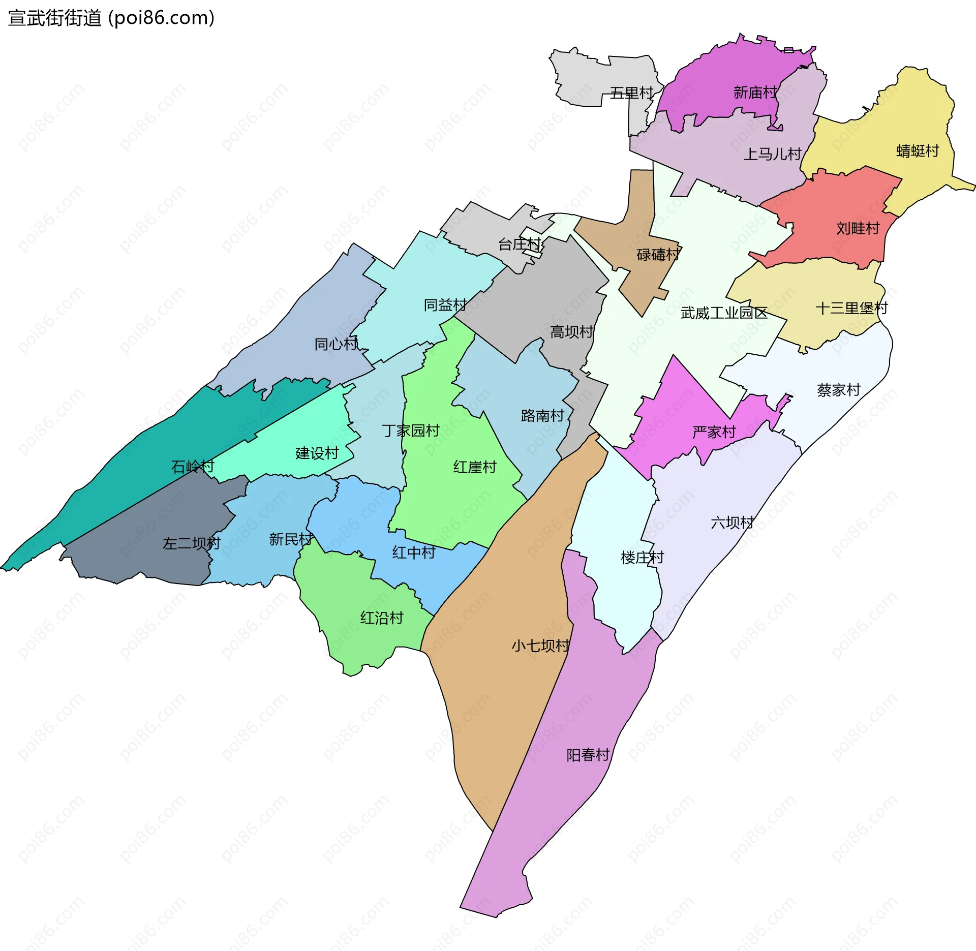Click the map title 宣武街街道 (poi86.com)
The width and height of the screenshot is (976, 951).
click(111, 18)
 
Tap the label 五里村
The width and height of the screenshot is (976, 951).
click(631, 93)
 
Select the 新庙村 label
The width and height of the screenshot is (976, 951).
click(755, 93)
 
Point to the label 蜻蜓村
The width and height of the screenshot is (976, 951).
click(918, 151)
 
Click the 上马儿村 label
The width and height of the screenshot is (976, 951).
click(772, 154)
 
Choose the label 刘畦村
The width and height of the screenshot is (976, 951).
click(858, 228)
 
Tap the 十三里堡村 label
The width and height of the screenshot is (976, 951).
click(851, 308)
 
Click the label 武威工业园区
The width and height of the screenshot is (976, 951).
click(724, 313)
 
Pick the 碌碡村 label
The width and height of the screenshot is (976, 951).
click(658, 254)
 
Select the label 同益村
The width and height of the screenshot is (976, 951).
click(445, 305)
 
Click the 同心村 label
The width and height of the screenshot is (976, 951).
click(336, 344)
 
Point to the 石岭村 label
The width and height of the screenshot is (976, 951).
click(193, 466)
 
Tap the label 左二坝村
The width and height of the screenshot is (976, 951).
click(191, 543)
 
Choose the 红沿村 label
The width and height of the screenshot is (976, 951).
click(382, 618)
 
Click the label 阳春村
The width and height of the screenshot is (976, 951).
click(588, 755)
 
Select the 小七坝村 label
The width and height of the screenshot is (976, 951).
click(540, 646)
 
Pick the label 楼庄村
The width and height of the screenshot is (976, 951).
click(642, 558)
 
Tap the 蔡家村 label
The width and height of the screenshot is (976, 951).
click(838, 390)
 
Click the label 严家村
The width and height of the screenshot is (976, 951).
click(714, 432)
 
